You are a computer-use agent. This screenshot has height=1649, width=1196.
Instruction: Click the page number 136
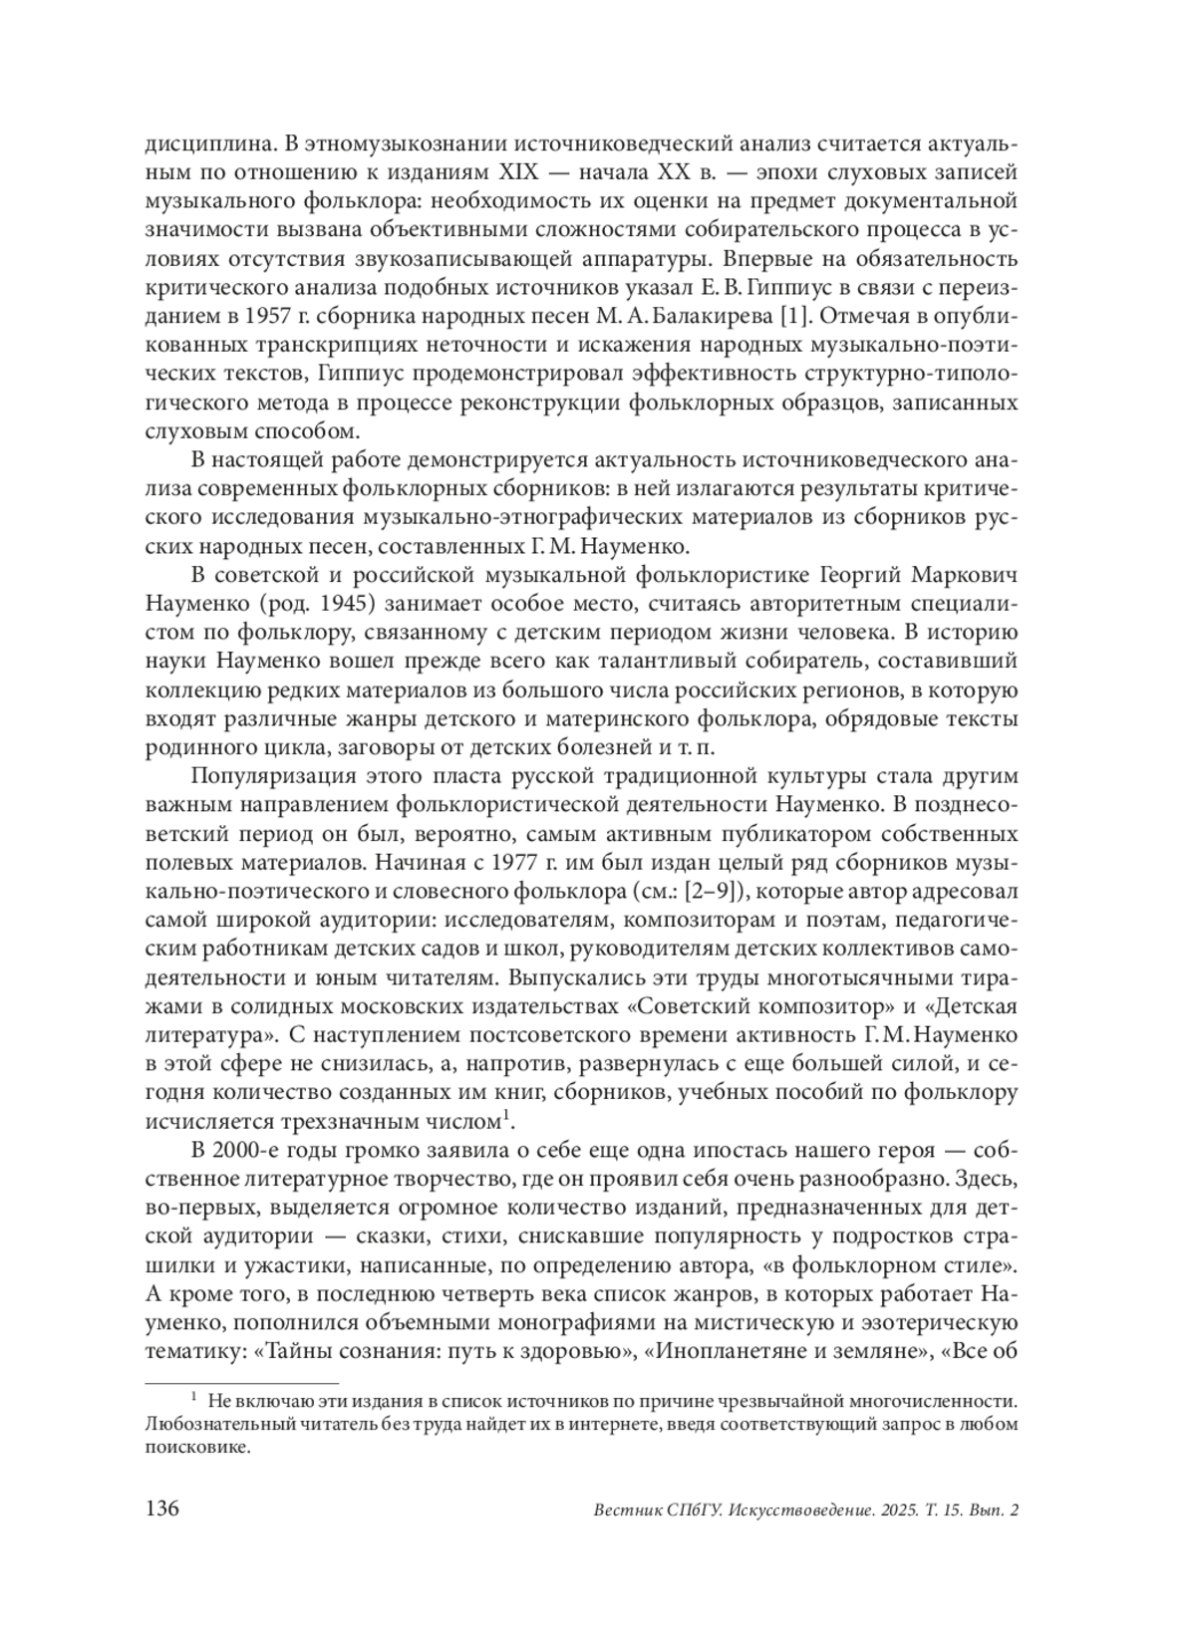point(162,1510)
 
